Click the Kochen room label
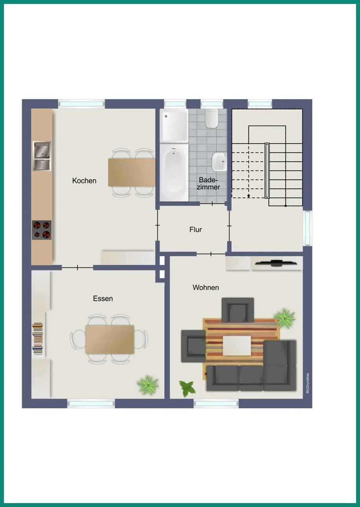tap(84, 181)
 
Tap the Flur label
tap(195, 230)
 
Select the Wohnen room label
tap(206, 287)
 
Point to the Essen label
tap(103, 299)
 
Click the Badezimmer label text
tap(208, 183)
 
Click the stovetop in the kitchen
tap(42, 230)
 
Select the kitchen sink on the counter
tap(42, 156)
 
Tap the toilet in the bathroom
tap(211, 118)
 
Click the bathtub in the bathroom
tap(174, 172)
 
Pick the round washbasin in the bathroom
tap(219, 162)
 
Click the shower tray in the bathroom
tap(174, 126)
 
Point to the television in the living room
tap(276, 263)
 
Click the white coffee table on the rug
tap(237, 345)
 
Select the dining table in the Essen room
tap(110, 340)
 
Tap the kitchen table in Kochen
tap(132, 172)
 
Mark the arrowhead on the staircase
tap(248, 196)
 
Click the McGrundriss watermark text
tap(307, 383)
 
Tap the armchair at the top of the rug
tap(238, 310)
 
